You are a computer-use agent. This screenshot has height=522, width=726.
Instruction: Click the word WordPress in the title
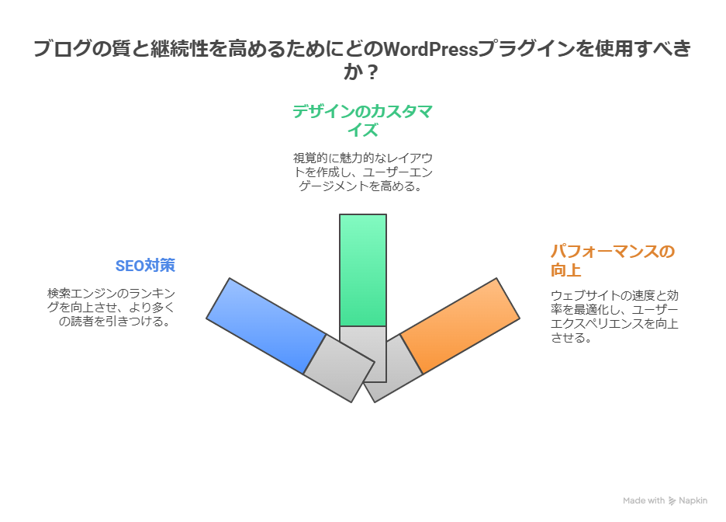[430, 50]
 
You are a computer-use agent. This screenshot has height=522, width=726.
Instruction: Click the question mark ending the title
[373, 73]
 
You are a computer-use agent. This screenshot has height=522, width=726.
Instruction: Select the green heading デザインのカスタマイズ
[362, 120]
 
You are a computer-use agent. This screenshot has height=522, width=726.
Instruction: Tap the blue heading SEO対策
[145, 266]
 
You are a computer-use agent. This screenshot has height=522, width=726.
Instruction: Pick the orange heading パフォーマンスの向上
[612, 260]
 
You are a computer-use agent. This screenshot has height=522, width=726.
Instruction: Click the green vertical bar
[363, 270]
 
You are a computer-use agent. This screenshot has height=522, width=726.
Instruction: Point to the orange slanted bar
[459, 325]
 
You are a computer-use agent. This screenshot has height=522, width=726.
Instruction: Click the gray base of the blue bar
[339, 368]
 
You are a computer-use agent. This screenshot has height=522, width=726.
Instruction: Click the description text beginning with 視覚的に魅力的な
[362, 172]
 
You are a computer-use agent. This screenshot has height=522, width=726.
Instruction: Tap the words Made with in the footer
[644, 501]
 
